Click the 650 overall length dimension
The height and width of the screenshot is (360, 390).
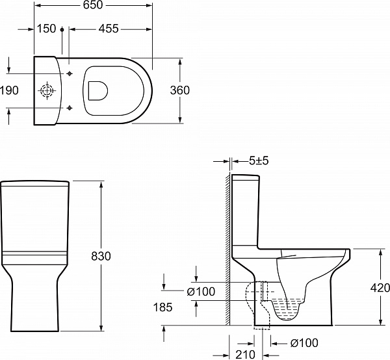coord(92,5)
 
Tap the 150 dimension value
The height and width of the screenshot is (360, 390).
coord(47,29)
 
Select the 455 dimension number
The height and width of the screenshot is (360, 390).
coord(109,29)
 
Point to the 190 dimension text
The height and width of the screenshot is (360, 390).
coord(9,90)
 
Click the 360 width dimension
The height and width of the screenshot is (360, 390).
coord(179,90)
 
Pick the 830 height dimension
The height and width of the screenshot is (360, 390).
coord(101,256)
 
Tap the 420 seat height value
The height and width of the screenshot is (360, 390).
coord(380,288)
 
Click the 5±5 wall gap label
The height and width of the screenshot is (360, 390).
coord(259,161)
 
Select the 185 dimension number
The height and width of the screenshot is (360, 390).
coord(162,307)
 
